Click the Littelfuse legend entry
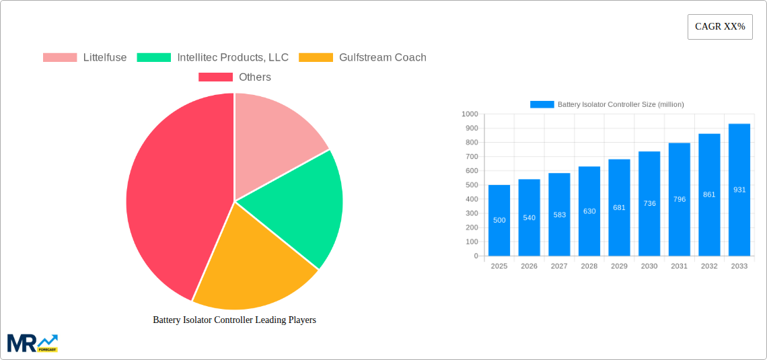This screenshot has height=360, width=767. pos(85,57)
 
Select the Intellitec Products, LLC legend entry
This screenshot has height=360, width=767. pos(213,57)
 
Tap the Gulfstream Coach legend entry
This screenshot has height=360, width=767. pos(363,57)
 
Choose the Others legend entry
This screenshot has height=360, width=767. pos(235,77)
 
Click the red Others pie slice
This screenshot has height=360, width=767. pos(168,195)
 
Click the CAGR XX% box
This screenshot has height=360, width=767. pos(720,27)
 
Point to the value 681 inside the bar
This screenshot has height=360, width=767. pos(619,207)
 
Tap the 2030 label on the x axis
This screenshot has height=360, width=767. pos(649,266)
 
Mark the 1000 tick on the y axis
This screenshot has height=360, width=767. pos(469,114)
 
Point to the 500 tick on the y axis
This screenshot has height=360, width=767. pos(470,185)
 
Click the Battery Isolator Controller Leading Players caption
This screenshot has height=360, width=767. pos(234,320)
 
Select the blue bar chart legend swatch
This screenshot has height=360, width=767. pos(542,104)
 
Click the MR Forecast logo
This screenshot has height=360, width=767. pos(32,343)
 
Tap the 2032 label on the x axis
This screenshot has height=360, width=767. pos(709,266)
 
